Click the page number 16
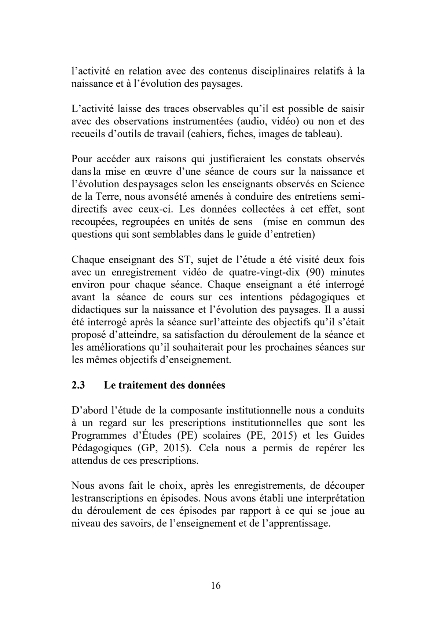click(x=216, y=585)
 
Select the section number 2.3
click(x=78, y=385)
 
